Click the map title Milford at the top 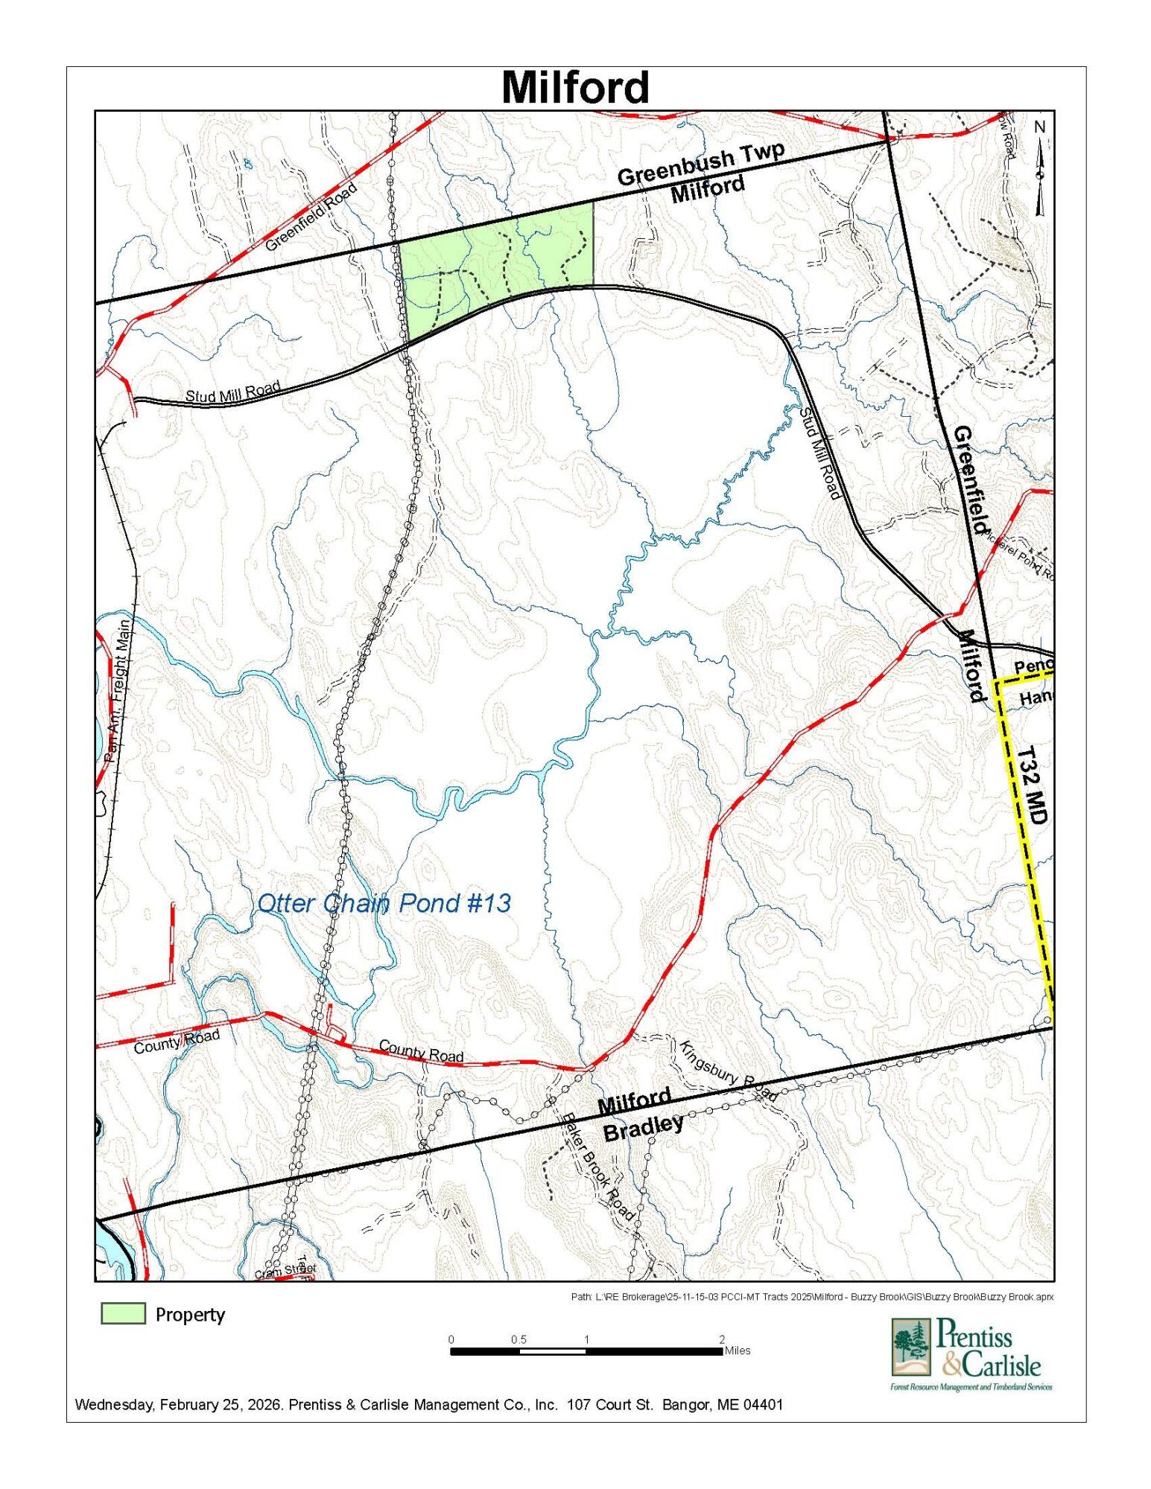point(575,88)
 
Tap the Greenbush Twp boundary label point(700,164)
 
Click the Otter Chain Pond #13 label point(384,903)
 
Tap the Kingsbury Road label point(728,1071)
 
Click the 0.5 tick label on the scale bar point(519,1339)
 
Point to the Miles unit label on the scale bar point(737,1351)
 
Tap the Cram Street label point(286,1271)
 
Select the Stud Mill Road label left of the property point(232,391)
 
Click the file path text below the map point(812,1297)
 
